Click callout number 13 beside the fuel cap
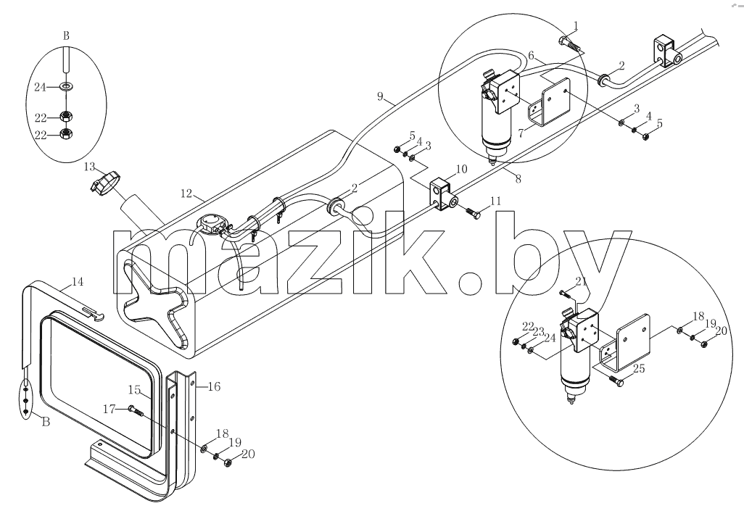click(x=90, y=167)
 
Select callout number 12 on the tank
click(x=186, y=193)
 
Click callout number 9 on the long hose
click(x=380, y=96)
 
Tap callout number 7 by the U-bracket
click(x=521, y=133)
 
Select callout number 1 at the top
click(x=576, y=25)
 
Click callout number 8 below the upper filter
click(x=518, y=178)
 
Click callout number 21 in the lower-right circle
click(x=582, y=281)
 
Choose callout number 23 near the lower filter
click(x=538, y=331)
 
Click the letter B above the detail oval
click(x=66, y=36)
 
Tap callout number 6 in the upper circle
click(x=532, y=56)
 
